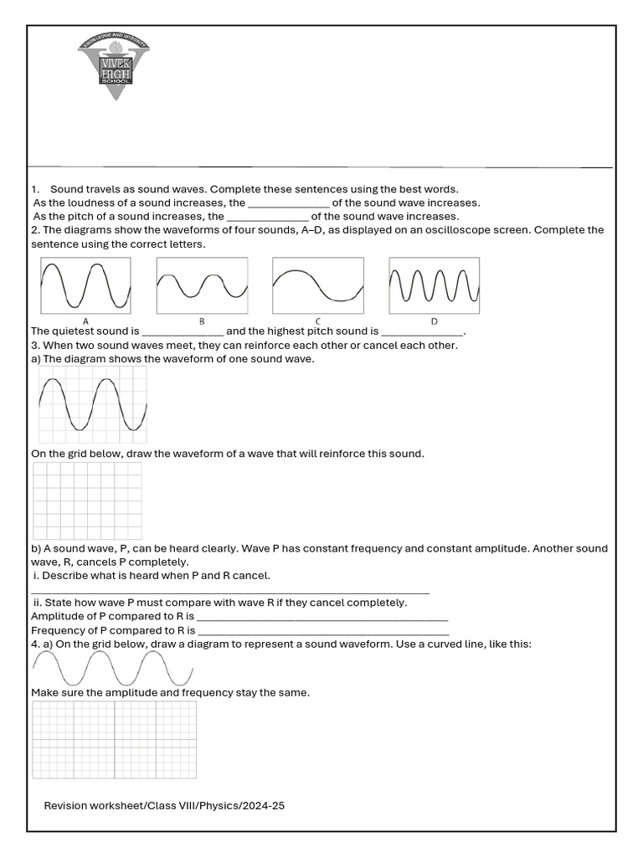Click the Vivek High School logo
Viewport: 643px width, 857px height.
click(x=115, y=66)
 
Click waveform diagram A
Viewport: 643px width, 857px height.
click(x=85, y=285)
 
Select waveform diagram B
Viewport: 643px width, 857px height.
click(x=202, y=285)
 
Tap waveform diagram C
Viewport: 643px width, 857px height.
click(x=318, y=285)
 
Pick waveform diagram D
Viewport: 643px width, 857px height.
click(x=435, y=285)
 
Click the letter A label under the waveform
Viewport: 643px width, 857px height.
click(x=85, y=321)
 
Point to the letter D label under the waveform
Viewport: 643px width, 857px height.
click(x=434, y=321)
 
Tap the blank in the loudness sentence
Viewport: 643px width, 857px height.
click(x=289, y=203)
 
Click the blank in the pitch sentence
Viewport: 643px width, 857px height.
click(x=268, y=217)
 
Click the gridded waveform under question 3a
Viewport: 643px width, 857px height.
click(x=93, y=404)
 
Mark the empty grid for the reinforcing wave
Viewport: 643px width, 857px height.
click(x=87, y=500)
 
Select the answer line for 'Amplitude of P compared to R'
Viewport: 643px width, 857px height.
click(x=322, y=617)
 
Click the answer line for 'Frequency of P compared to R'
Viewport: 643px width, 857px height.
click(x=322, y=630)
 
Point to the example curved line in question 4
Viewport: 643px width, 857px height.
click(x=111, y=668)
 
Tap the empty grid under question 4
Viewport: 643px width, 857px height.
click(x=114, y=740)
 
